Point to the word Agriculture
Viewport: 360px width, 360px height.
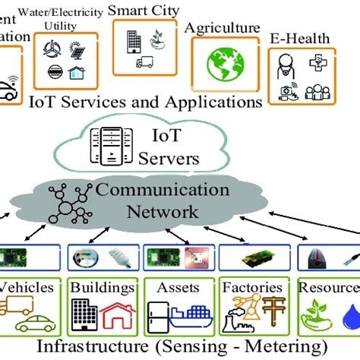222,27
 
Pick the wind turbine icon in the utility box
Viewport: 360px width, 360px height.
52,50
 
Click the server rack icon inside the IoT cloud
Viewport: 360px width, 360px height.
108,144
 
